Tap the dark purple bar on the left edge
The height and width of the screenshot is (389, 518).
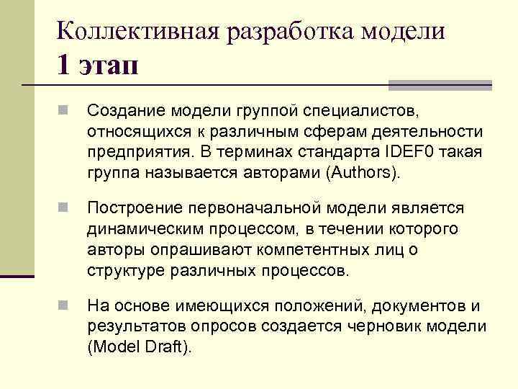(x=17, y=275)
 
